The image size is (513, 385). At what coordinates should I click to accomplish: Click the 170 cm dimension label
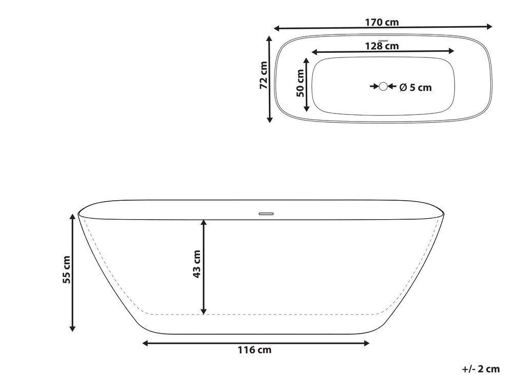coord(382,22)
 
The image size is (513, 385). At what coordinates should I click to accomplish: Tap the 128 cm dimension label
coord(382,46)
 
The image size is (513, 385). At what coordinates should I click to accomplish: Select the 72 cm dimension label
coord(264,75)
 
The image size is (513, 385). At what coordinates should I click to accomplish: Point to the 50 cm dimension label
coord(300,83)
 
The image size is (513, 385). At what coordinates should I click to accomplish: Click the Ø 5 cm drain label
coord(416,87)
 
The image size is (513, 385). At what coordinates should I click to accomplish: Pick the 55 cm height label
coord(66,270)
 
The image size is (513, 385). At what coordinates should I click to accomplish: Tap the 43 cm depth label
coord(196,264)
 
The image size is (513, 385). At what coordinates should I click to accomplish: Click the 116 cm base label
coord(254,350)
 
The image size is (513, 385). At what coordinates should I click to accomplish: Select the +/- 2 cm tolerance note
coord(481,369)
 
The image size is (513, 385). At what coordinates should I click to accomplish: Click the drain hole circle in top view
coord(383,86)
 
